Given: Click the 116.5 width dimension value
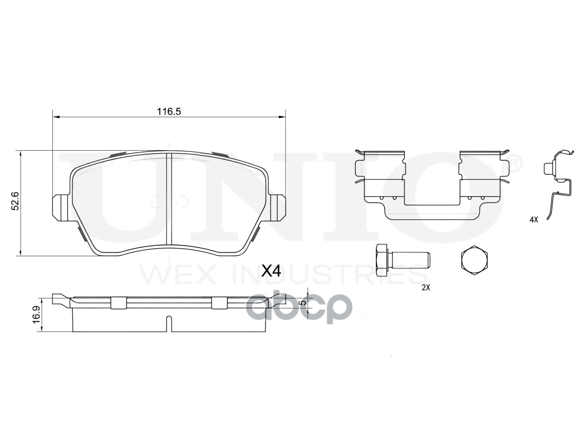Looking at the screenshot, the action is pyautogui.click(x=169, y=112).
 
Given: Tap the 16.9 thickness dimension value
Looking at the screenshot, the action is pyautogui.click(x=36, y=315).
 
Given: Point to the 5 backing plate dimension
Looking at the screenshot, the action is pyautogui.click(x=304, y=302).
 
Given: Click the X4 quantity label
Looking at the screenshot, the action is pyautogui.click(x=271, y=271).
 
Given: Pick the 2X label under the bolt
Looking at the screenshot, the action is pyautogui.click(x=426, y=288).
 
